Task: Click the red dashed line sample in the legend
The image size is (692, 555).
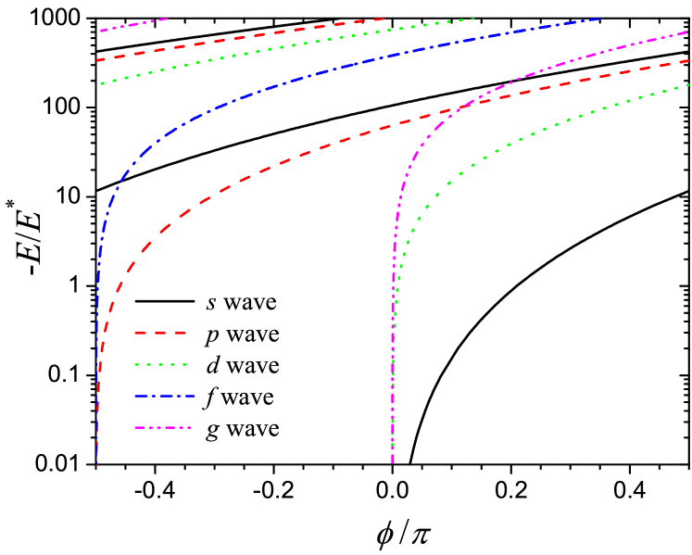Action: tap(160, 333)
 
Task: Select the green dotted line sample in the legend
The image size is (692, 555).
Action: tap(160, 365)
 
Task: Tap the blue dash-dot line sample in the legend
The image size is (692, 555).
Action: tap(164, 397)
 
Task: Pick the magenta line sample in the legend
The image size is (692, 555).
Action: tap(163, 428)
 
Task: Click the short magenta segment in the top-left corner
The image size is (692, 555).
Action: tap(134, 24)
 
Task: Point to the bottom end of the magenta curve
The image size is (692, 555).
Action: tap(392, 460)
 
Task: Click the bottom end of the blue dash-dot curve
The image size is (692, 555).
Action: tap(96, 460)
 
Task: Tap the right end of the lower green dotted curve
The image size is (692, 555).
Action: tap(688, 85)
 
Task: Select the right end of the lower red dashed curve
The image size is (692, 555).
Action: tap(688, 60)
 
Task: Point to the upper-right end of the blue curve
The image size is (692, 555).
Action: tap(599, 18)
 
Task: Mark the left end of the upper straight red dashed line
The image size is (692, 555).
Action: tap(97, 60)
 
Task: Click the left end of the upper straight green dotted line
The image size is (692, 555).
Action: tap(102, 82)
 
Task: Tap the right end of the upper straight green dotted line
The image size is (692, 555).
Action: tap(473, 19)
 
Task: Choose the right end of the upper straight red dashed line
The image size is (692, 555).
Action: tap(384, 18)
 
